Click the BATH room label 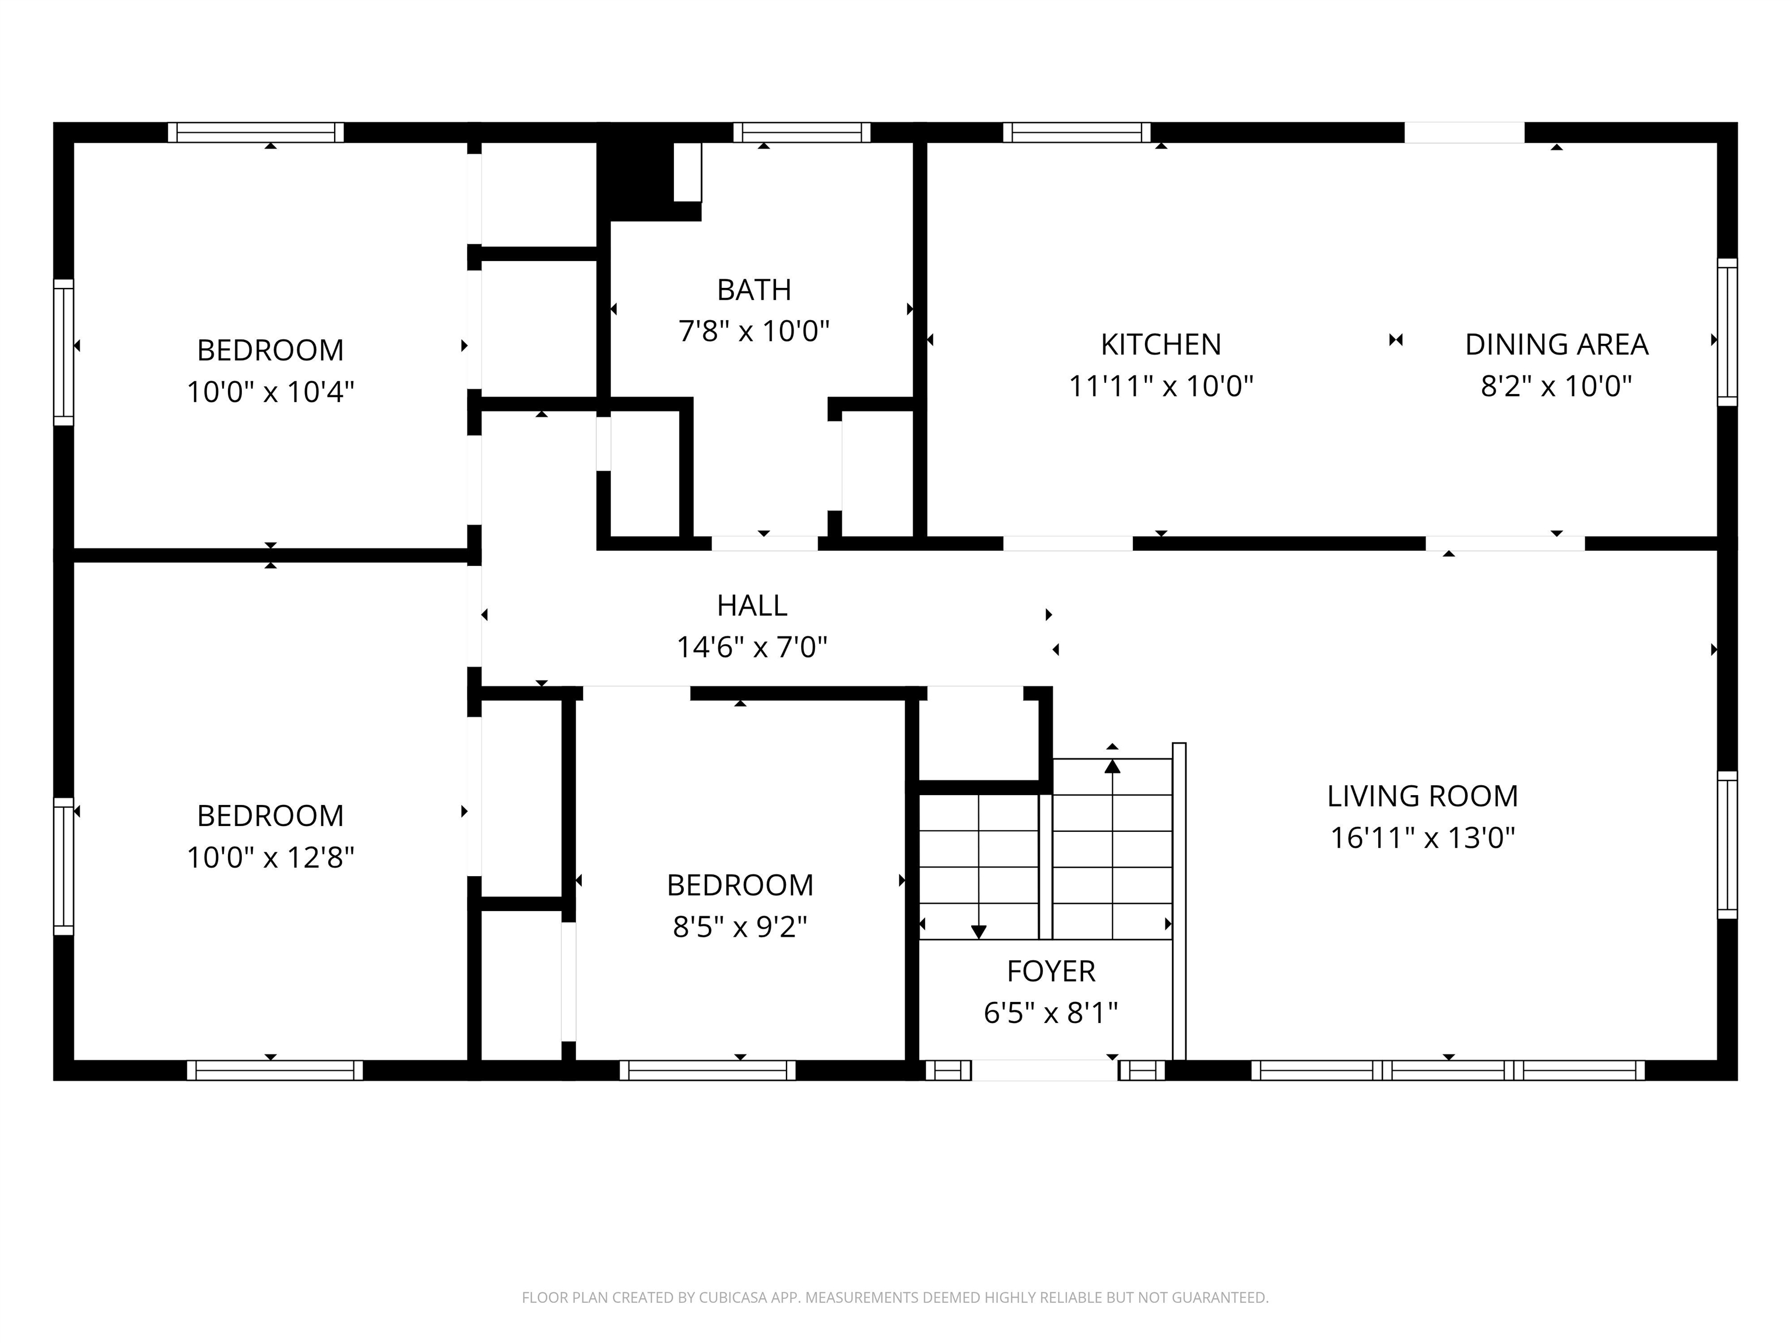click(x=754, y=290)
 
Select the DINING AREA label click(x=1556, y=345)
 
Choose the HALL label click(x=751, y=606)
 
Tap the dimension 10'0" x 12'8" click(x=271, y=857)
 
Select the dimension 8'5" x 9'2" click(x=739, y=927)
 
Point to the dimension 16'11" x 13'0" click(x=1422, y=838)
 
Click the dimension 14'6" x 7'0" click(x=751, y=648)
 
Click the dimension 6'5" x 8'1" click(x=1051, y=1012)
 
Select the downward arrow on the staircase click(x=978, y=867)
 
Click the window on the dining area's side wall click(x=1727, y=332)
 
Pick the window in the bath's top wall click(x=802, y=132)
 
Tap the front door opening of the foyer click(x=1045, y=1070)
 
